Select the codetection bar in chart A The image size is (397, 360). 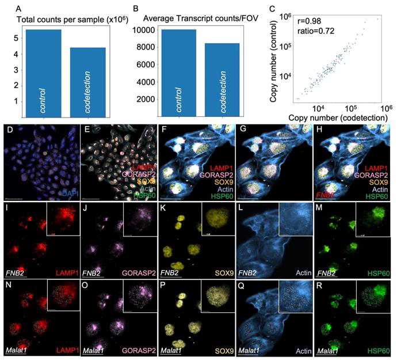click(87, 81)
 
